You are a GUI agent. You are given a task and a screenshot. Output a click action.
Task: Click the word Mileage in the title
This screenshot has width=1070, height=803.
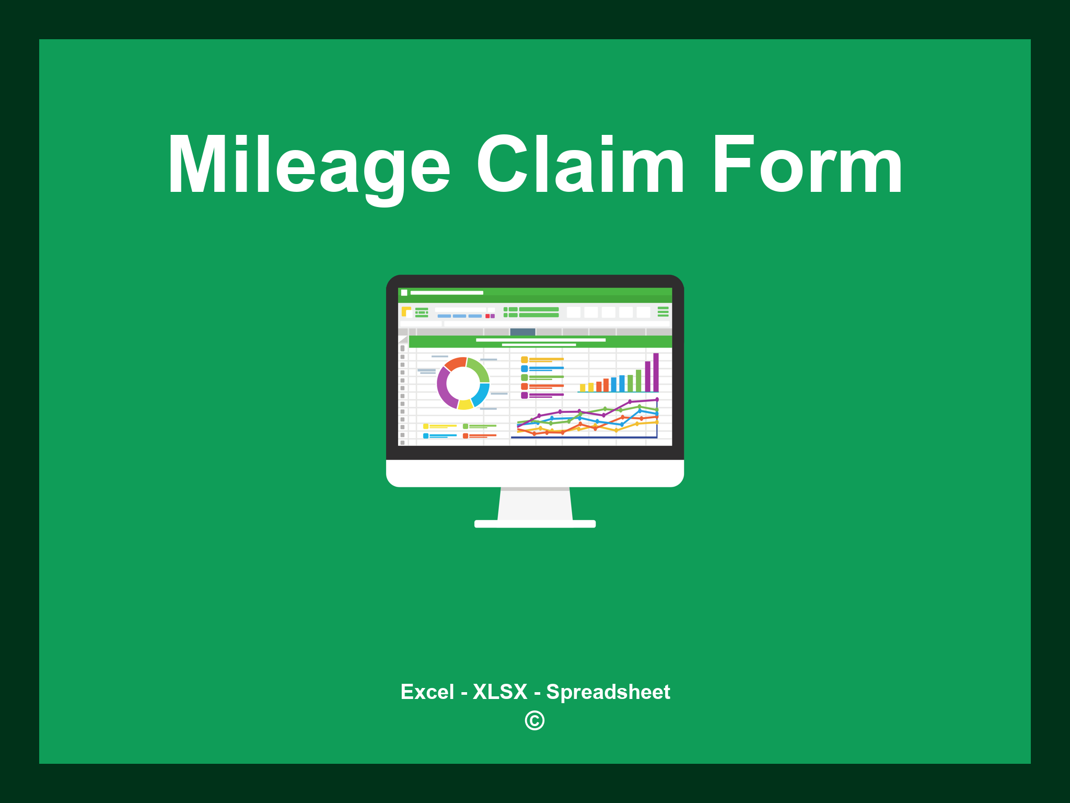click(308, 165)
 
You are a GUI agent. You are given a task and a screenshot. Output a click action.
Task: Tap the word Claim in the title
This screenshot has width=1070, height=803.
click(580, 165)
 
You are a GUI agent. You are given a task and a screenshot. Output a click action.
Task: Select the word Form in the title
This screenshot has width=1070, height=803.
click(807, 165)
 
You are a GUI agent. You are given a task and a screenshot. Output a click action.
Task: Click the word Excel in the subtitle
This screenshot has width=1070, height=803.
click(427, 692)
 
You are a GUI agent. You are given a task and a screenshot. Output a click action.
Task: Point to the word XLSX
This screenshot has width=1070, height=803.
click(500, 692)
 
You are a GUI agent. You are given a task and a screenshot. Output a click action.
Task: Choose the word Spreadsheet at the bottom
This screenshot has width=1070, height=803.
click(608, 692)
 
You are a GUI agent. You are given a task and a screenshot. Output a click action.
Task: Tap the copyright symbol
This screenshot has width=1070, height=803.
click(534, 720)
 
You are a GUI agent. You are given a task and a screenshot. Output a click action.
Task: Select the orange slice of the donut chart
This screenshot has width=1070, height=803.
click(455, 363)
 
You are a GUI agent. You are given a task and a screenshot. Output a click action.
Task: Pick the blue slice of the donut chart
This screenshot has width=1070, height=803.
click(481, 394)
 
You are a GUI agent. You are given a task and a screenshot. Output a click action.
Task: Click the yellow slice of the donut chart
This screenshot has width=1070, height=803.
click(465, 404)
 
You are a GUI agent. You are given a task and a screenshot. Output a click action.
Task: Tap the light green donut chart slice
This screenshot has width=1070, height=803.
click(479, 368)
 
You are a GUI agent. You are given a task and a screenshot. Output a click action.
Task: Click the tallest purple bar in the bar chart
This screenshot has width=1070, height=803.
click(656, 372)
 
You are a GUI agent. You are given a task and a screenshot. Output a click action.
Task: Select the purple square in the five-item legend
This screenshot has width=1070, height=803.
click(524, 395)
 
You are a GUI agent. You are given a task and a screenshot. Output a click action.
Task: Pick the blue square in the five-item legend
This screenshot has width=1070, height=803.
click(524, 369)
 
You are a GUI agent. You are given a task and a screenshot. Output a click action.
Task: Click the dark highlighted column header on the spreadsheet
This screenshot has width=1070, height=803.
click(522, 332)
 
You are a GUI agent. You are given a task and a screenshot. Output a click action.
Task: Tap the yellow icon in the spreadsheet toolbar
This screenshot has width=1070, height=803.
click(406, 312)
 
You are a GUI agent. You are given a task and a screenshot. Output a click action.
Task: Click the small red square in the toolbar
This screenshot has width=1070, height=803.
click(487, 316)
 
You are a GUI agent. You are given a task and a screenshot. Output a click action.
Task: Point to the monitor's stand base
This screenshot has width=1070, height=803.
click(535, 524)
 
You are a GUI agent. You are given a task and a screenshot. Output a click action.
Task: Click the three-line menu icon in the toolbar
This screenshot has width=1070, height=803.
click(663, 312)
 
